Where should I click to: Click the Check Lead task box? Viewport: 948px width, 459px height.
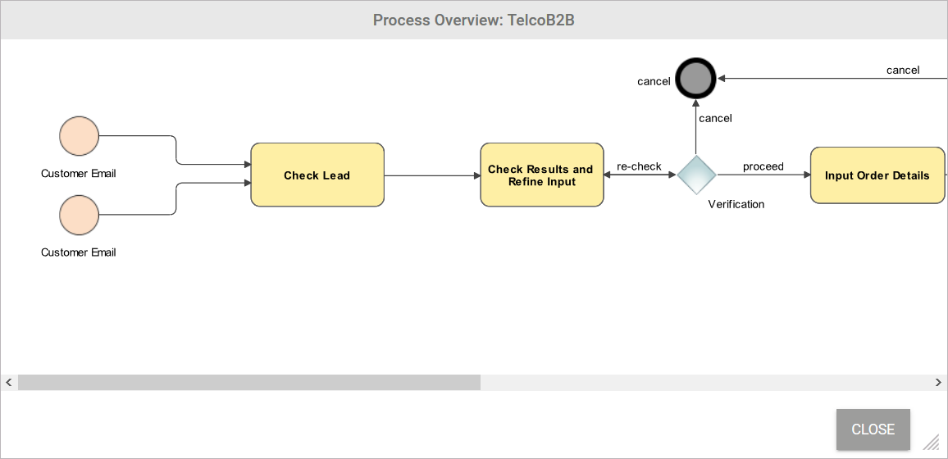(x=317, y=175)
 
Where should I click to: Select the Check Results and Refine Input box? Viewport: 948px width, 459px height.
(x=541, y=175)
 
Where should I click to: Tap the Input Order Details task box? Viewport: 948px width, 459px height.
(x=877, y=175)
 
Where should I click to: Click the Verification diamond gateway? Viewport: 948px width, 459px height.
(x=696, y=175)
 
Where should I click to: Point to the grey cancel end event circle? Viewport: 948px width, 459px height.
(x=695, y=80)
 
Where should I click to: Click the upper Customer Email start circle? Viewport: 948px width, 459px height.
(x=79, y=136)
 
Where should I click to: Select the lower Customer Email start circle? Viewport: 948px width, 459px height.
(x=79, y=215)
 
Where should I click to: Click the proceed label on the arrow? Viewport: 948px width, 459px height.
(x=763, y=166)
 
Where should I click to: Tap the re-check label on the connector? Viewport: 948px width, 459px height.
(x=639, y=166)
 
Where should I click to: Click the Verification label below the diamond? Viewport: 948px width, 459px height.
(x=736, y=204)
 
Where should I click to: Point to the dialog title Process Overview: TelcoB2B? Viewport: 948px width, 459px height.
(x=473, y=20)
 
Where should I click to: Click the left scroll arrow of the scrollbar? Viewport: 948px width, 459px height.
(x=8, y=382)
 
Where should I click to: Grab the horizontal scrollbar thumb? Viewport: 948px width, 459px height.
(x=248, y=382)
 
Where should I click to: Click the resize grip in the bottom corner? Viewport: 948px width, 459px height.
(x=931, y=443)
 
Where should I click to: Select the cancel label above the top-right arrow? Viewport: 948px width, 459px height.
(x=902, y=70)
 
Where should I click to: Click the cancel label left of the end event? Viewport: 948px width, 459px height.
(x=654, y=81)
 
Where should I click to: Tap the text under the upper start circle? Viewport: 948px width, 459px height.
(x=79, y=174)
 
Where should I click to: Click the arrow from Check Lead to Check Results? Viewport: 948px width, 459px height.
(x=431, y=175)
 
